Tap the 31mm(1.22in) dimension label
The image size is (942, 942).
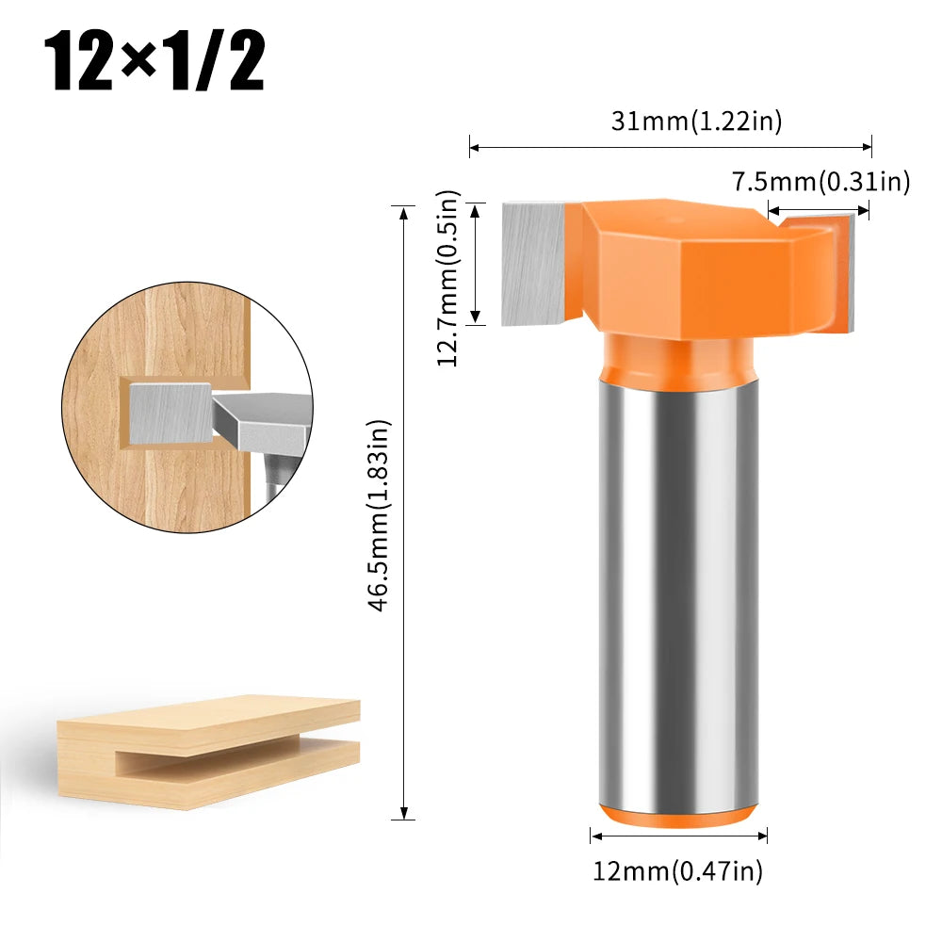click(696, 120)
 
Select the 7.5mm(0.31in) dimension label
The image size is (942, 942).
click(820, 181)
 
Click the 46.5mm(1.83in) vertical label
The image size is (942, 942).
click(378, 516)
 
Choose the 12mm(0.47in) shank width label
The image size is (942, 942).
click(678, 871)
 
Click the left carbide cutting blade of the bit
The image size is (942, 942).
click(533, 265)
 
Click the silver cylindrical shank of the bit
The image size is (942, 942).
click(678, 584)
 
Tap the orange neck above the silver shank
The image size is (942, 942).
click(678, 353)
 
